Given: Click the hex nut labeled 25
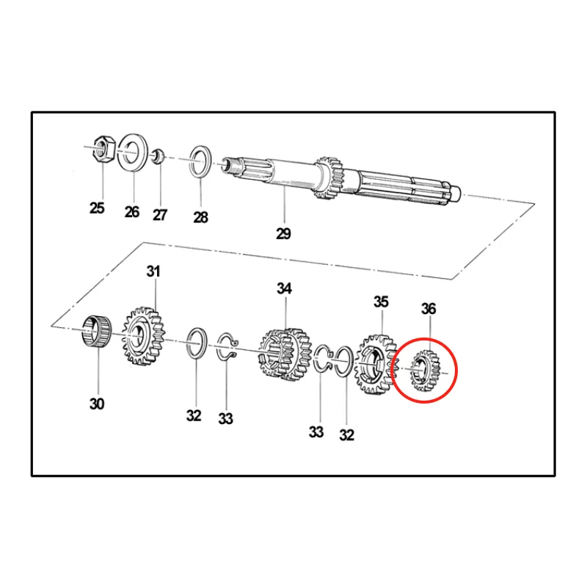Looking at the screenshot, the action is click(x=103, y=148).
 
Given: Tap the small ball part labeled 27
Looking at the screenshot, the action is click(x=158, y=156).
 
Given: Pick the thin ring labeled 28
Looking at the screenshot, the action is click(x=191, y=161).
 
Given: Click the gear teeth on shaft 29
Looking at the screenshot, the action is click(x=329, y=178).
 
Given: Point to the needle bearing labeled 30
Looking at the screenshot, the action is click(x=98, y=332).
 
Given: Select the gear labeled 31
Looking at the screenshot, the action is click(x=143, y=336).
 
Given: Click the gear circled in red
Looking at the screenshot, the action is click(x=425, y=371).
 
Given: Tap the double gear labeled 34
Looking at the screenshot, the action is click(x=285, y=354).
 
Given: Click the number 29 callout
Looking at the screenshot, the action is click(x=283, y=233).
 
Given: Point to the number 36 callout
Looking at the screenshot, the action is click(x=429, y=309).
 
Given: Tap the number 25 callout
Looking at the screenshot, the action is click(x=97, y=208).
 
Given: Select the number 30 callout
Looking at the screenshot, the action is click(x=97, y=404).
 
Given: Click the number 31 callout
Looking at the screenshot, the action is click(x=153, y=271).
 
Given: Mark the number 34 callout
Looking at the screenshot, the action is click(x=284, y=288).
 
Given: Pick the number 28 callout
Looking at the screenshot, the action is click(x=200, y=217).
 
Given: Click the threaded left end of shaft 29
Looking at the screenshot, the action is click(x=230, y=166).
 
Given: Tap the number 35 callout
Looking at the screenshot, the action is click(x=381, y=302).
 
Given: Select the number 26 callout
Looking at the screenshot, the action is click(x=132, y=212).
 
